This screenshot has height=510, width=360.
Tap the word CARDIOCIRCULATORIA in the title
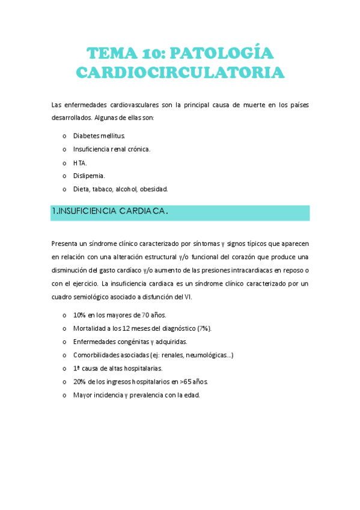coord(180,72)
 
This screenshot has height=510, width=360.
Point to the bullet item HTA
coord(80,162)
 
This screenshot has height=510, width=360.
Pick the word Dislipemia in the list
coord(89,176)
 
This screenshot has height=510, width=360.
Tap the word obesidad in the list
coord(154,189)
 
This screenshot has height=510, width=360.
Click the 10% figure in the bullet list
coord(79,315)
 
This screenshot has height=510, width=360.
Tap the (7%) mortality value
coord(204,328)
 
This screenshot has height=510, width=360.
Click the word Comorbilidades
coord(98,355)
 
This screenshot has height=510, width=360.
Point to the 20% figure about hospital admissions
coord(80,381)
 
